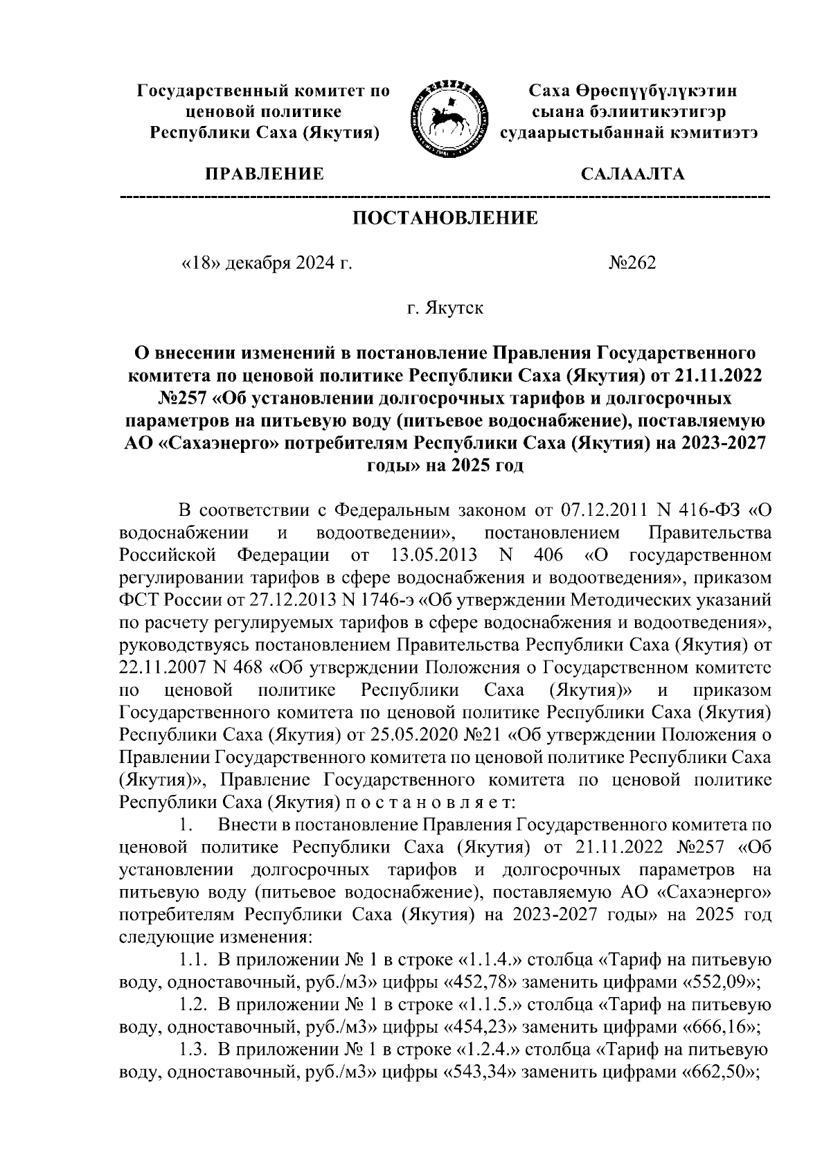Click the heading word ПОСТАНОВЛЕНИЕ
point(445,219)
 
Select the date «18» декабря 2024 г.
point(267,263)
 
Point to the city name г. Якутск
point(445,307)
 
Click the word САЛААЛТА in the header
point(632,174)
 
